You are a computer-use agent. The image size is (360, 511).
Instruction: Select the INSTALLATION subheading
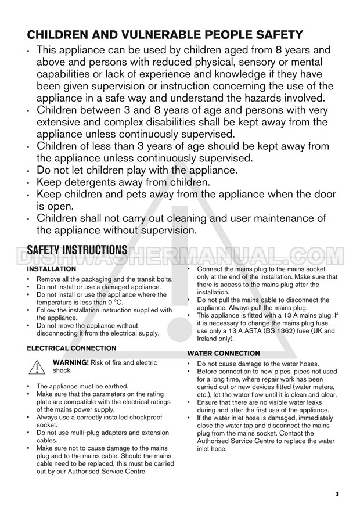(51, 269)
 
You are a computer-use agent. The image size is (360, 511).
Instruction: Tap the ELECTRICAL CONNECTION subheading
(71, 348)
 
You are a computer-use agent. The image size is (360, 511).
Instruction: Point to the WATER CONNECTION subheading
(224, 353)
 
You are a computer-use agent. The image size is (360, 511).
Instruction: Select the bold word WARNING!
(71, 362)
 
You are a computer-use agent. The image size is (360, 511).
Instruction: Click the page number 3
(336, 494)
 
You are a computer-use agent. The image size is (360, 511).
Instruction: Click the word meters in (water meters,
(321, 386)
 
